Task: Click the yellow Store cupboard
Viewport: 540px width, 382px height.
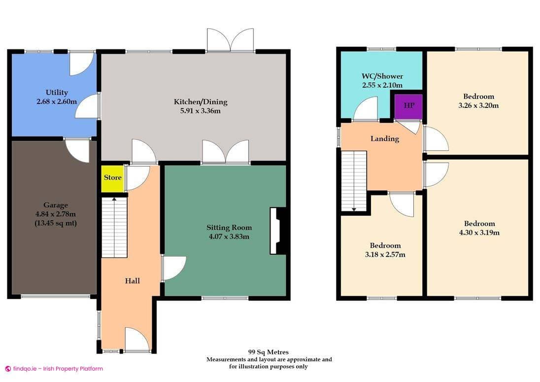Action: coord(112,178)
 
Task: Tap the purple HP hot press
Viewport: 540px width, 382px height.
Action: coord(409,106)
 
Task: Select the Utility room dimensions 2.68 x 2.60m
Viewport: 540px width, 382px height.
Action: coord(57,102)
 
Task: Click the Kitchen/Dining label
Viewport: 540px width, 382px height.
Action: coord(201,102)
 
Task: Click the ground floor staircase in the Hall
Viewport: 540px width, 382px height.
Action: coord(114,227)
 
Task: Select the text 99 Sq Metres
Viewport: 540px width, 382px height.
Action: coord(269,352)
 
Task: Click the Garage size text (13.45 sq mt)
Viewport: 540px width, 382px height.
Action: coord(55,223)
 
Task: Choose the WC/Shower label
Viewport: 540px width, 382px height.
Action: coord(382,76)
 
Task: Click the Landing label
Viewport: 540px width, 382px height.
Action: coord(385,139)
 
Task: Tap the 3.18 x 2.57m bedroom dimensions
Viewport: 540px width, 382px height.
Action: coord(385,254)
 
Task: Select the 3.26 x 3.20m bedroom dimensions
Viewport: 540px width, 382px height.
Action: coord(478,105)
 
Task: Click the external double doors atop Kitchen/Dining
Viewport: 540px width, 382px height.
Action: coord(230,41)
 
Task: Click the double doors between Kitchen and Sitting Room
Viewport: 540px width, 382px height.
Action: coord(226,152)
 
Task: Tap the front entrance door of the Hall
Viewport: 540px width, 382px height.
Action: coord(137,340)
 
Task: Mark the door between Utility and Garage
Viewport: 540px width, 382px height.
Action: coord(77,150)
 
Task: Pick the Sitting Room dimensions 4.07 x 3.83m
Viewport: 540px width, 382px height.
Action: coord(229,236)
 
